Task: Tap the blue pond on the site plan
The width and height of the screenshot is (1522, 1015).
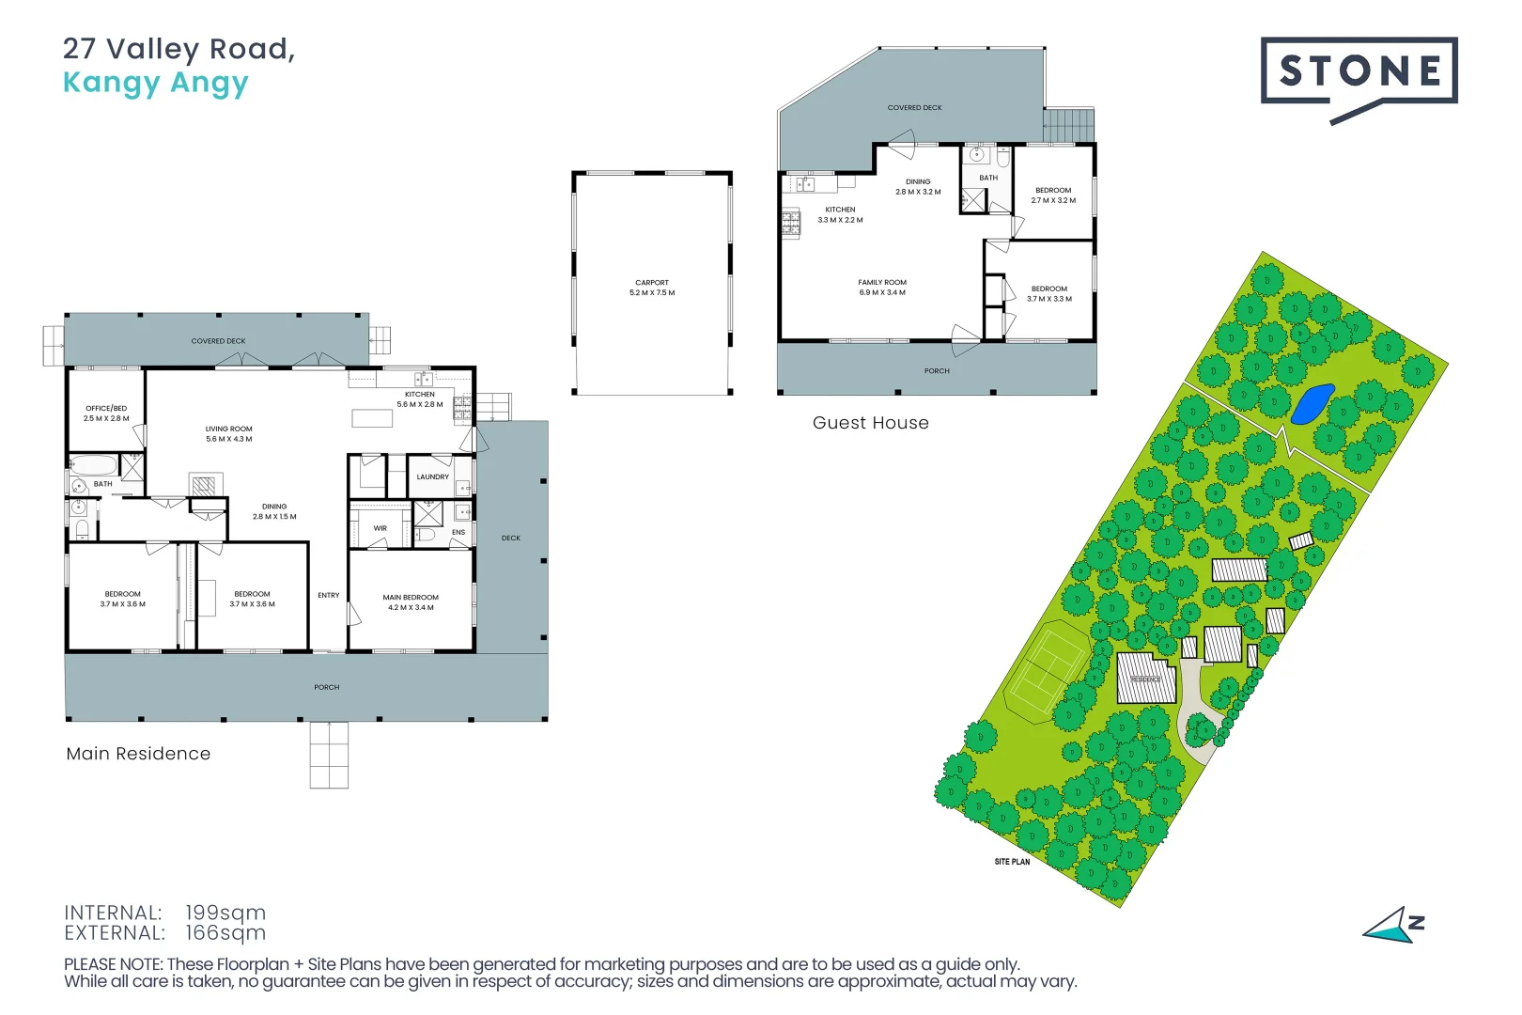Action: point(1312,404)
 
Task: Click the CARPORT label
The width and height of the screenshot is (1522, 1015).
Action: point(652,282)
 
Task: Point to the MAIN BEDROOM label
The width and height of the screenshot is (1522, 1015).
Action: point(411,597)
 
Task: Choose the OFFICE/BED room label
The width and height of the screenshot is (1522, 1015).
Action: point(106,408)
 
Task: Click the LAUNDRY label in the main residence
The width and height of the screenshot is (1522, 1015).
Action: point(433,476)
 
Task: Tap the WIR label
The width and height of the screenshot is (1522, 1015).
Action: point(380,528)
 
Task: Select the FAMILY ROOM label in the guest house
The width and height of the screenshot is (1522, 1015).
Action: point(882,282)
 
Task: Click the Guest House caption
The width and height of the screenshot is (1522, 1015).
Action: point(870,422)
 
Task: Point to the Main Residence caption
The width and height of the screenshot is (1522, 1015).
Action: point(139,754)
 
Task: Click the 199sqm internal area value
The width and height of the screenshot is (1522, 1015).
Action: point(225,913)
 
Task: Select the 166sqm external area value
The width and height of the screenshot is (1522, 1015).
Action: point(225,932)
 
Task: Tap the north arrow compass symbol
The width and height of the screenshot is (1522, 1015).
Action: point(1393,926)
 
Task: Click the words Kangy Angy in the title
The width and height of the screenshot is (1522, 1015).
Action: point(156,83)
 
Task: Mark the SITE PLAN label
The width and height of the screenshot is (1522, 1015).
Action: point(1013,862)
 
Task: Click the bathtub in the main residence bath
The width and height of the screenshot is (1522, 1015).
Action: point(93,466)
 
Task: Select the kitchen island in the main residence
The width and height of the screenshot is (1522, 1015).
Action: point(372,418)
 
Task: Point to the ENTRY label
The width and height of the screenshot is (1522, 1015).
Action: point(328,595)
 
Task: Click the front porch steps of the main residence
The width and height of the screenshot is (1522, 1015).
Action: point(329,755)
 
